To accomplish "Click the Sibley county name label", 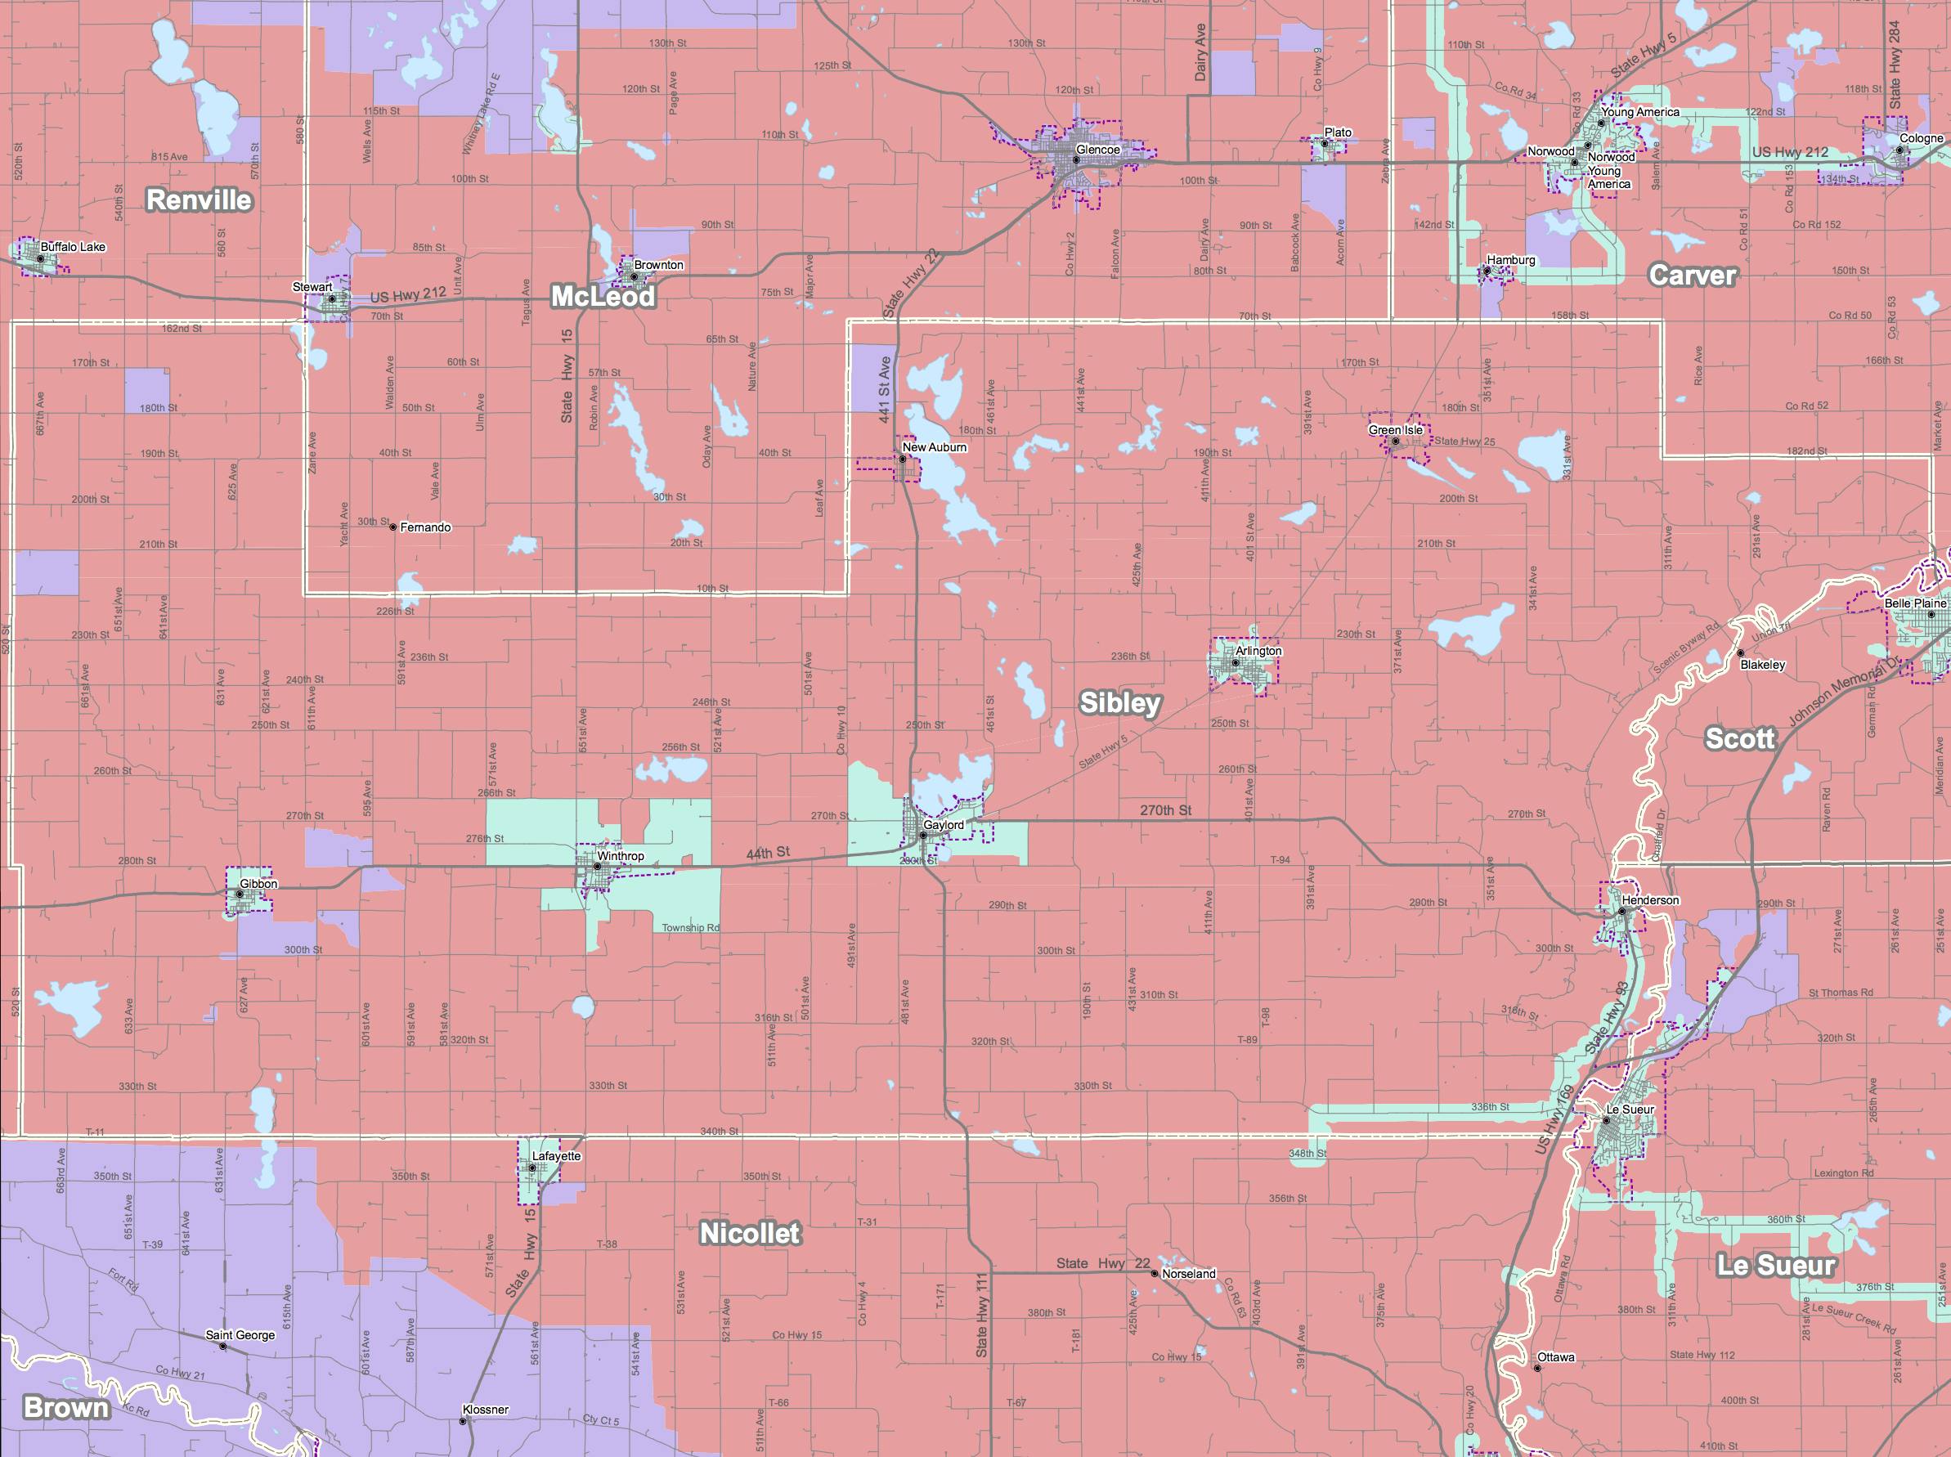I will pos(1120,703).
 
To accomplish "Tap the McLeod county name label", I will pos(603,296).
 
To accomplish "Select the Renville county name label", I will pos(199,200).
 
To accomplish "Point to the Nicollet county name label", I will pos(750,1233).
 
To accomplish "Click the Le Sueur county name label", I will pos(1775,1266).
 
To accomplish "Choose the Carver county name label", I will pos(1692,276).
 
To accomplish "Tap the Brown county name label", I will pos(66,1408).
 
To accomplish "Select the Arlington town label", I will pos(1258,651).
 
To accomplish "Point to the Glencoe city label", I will pos(1098,150).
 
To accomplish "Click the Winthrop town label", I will pos(620,855).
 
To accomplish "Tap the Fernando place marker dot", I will pos(393,527).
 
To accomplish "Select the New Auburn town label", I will pos(934,447).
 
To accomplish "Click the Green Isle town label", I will pos(1395,429).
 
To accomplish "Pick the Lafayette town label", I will pos(557,1156).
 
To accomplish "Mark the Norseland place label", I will pos(1188,1274).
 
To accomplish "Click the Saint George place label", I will pos(240,1335).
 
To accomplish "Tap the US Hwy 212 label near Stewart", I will pos(407,294).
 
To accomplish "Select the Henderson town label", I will pos(1650,899).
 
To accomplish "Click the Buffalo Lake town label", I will pos(74,247).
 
